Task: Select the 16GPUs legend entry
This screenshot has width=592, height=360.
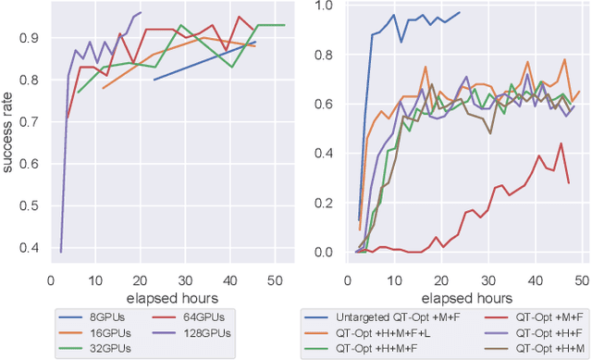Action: click(x=101, y=331)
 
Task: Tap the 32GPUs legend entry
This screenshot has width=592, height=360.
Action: click(x=101, y=347)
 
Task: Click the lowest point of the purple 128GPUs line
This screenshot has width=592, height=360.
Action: click(x=61, y=252)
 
